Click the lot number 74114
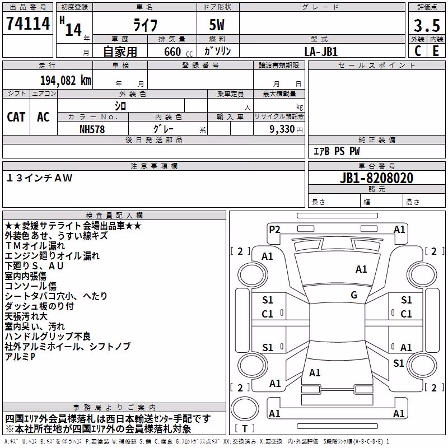pos(28,23)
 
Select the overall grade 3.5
pos(427,25)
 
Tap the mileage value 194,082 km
pos(66,81)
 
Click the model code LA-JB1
pos(321,52)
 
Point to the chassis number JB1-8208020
pos(376,178)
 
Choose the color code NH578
pos(92,129)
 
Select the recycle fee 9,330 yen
pos(286,129)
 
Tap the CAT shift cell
pos(16,117)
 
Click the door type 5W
pos(217,25)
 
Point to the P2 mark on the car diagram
pos(274,230)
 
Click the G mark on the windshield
pos(354,295)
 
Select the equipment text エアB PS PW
pos(337,151)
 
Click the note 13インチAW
pos(39,178)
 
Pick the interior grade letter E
pos(436,51)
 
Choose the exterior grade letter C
pos(417,51)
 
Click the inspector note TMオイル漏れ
pos(35,246)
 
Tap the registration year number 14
pos(73,30)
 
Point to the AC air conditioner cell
pos(44,117)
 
